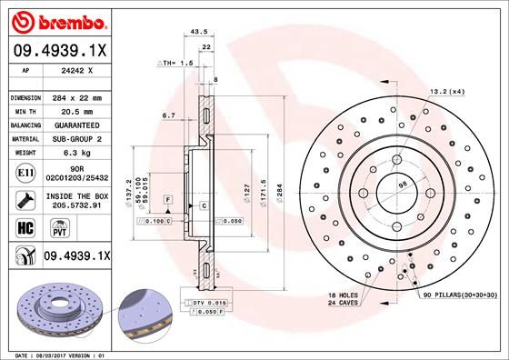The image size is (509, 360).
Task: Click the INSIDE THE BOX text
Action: coord(75,195)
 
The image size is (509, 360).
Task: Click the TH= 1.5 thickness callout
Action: coord(176,63)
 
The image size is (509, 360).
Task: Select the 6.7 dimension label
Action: coord(168,115)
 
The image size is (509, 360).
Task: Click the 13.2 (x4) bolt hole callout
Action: coord(446,91)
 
